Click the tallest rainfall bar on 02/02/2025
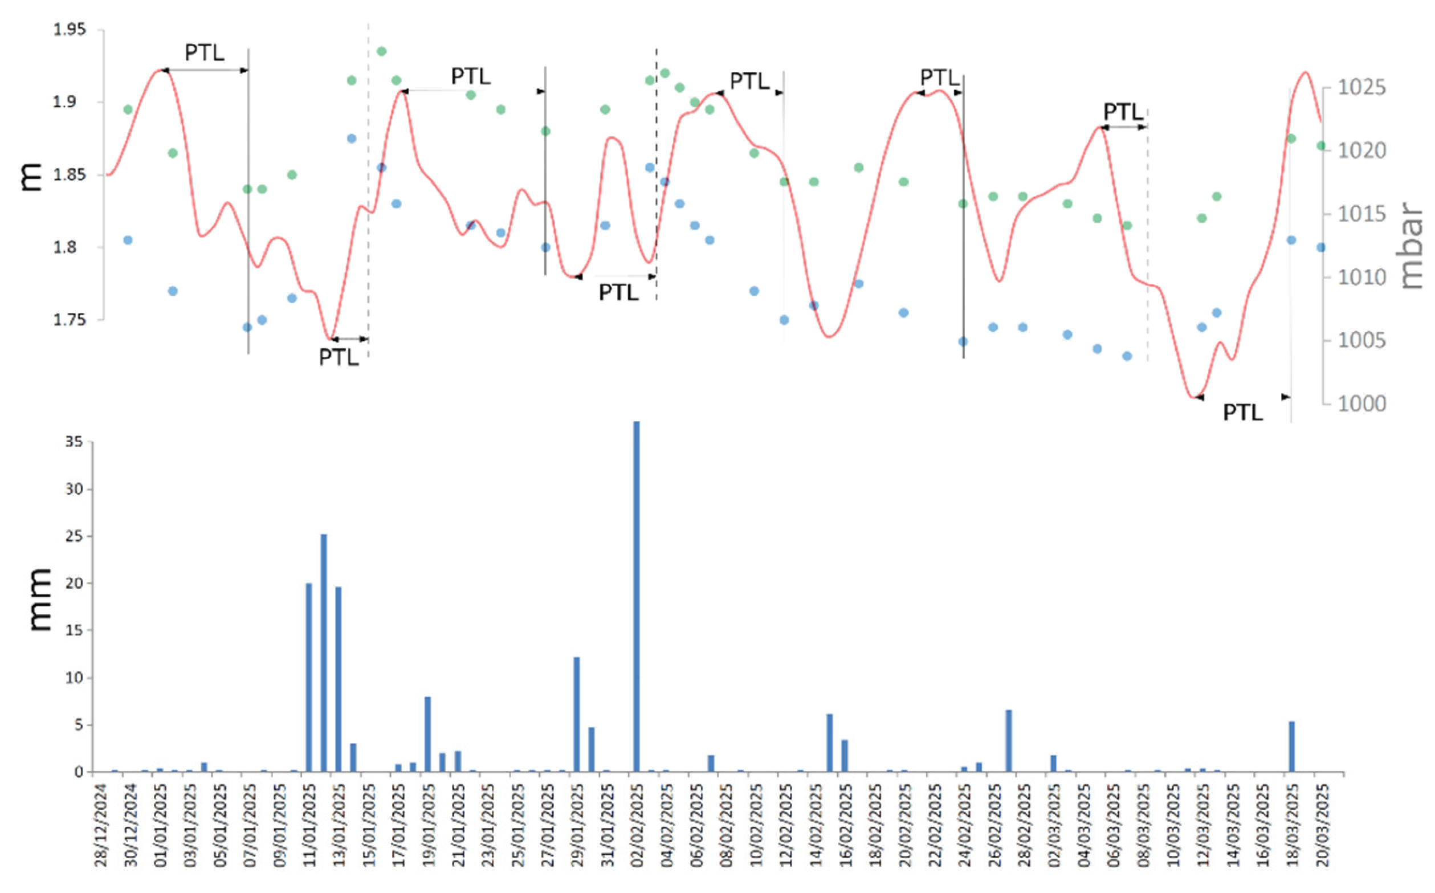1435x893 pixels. tap(636, 597)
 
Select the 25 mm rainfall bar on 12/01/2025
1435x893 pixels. tap(324, 653)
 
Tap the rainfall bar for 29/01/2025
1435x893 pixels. tap(577, 714)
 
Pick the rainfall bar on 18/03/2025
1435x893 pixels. tap(1291, 747)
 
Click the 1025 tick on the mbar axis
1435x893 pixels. tap(1361, 88)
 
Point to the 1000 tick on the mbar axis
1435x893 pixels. tap(1361, 403)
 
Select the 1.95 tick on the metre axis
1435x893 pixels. tap(70, 30)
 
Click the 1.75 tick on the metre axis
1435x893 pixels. tap(70, 320)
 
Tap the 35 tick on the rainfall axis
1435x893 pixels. tap(75, 441)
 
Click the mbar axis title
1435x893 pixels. tap(1412, 245)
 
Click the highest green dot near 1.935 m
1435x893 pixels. tap(381, 51)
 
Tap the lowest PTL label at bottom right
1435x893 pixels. tap(1242, 412)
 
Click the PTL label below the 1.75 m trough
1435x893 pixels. tap(339, 357)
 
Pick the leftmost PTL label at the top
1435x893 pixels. tap(205, 52)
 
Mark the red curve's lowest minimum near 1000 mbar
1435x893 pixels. tap(1194, 396)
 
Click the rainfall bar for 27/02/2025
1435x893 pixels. tap(1009, 741)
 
